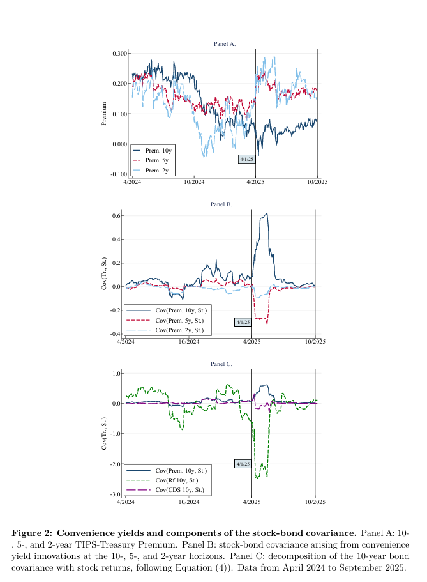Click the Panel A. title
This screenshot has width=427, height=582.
(x=225, y=44)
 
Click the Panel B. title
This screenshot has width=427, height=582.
(x=221, y=204)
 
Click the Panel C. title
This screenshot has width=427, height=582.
(x=221, y=364)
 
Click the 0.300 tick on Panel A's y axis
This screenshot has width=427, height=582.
(x=119, y=53)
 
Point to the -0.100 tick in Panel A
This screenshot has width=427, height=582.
(x=118, y=174)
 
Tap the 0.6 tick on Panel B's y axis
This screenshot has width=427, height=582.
(x=117, y=216)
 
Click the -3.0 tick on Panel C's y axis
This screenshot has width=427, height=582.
(x=116, y=494)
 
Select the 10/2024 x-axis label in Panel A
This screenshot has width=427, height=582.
(x=193, y=183)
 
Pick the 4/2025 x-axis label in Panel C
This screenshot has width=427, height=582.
(x=251, y=503)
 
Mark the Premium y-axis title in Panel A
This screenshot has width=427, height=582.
(x=104, y=114)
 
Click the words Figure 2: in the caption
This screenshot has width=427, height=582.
(x=33, y=533)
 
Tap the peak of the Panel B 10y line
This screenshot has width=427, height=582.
(x=266, y=213)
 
